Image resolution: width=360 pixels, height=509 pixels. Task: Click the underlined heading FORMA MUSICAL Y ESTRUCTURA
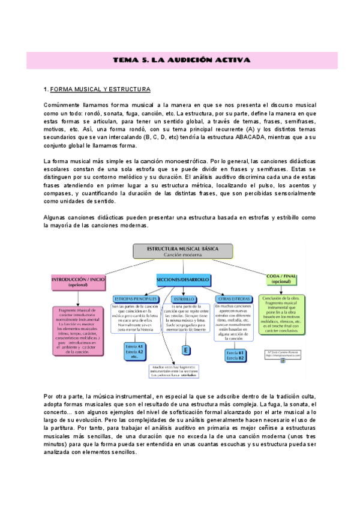[100, 89]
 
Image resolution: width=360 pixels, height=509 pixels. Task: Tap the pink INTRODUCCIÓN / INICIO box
[78, 282]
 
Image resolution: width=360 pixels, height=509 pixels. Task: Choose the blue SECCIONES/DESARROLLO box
[182, 280]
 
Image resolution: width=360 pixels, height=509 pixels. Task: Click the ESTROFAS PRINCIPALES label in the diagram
[135, 298]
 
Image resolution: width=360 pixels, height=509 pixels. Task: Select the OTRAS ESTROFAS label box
[232, 298]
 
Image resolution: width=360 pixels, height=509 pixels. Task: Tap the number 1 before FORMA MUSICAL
[46, 89]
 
